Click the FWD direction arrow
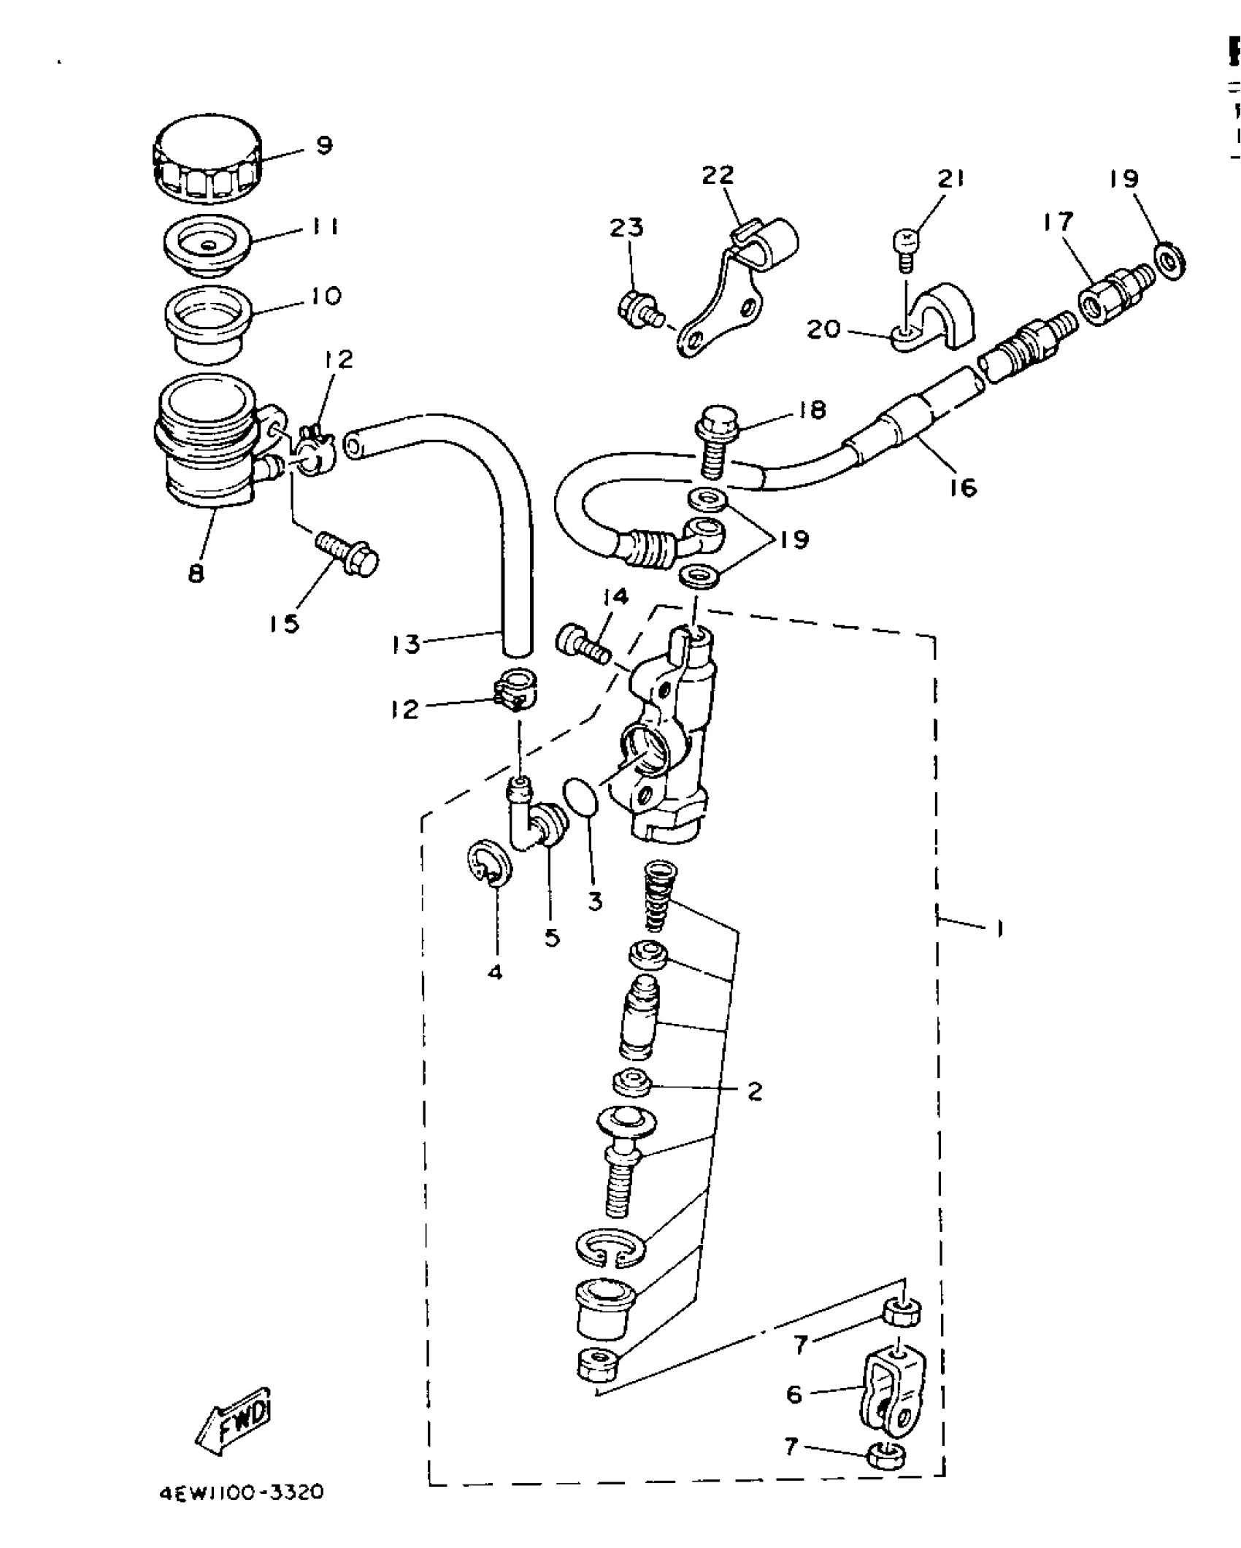pyautogui.click(x=234, y=1420)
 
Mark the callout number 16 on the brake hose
pyautogui.click(x=964, y=487)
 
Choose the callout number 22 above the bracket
pyautogui.click(x=718, y=176)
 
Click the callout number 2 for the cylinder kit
pyautogui.click(x=755, y=1111)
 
